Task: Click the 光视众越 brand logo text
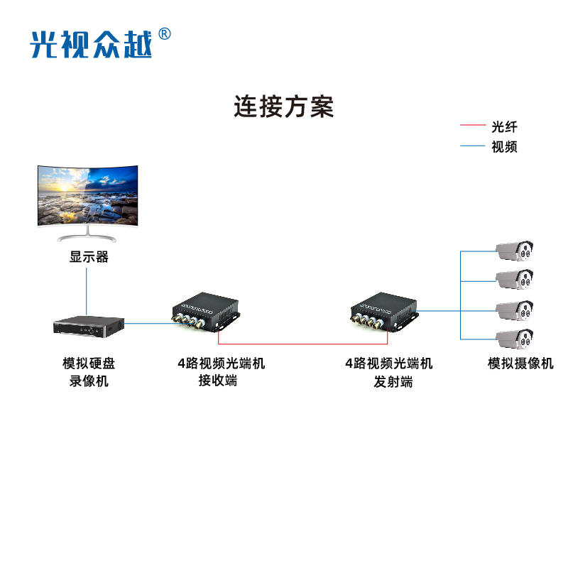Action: coord(91,44)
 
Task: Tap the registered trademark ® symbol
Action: coord(164,33)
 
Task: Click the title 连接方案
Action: coord(284,106)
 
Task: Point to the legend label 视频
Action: coord(504,147)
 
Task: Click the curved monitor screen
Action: coord(88,196)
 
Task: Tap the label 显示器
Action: coord(89,257)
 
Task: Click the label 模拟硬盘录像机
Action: coord(89,372)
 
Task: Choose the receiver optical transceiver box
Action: coord(207,312)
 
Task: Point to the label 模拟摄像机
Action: coord(520,364)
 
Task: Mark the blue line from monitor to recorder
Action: coord(87,291)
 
